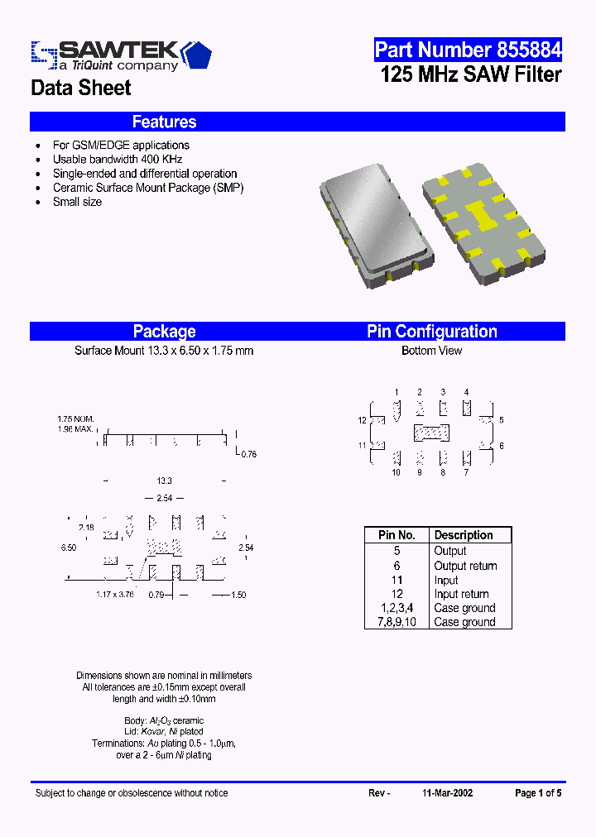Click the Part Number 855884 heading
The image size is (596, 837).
[468, 50]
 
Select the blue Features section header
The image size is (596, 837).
[164, 122]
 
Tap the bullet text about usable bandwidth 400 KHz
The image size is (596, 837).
[117, 159]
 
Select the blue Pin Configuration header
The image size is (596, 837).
[432, 332]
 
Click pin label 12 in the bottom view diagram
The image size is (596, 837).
[362, 421]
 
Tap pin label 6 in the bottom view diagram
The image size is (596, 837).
[502, 446]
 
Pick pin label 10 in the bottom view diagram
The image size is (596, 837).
[397, 472]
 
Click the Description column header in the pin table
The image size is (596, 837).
[464, 535]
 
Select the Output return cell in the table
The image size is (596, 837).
[465, 566]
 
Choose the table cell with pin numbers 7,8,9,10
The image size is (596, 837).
[397, 622]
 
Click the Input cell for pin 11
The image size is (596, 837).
[446, 580]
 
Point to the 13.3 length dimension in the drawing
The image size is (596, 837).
[164, 481]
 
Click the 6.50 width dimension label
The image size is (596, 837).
[69, 548]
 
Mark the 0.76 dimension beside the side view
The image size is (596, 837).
[248, 453]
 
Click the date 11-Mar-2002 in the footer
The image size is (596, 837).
[447, 792]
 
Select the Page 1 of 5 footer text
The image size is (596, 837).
[538, 792]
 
